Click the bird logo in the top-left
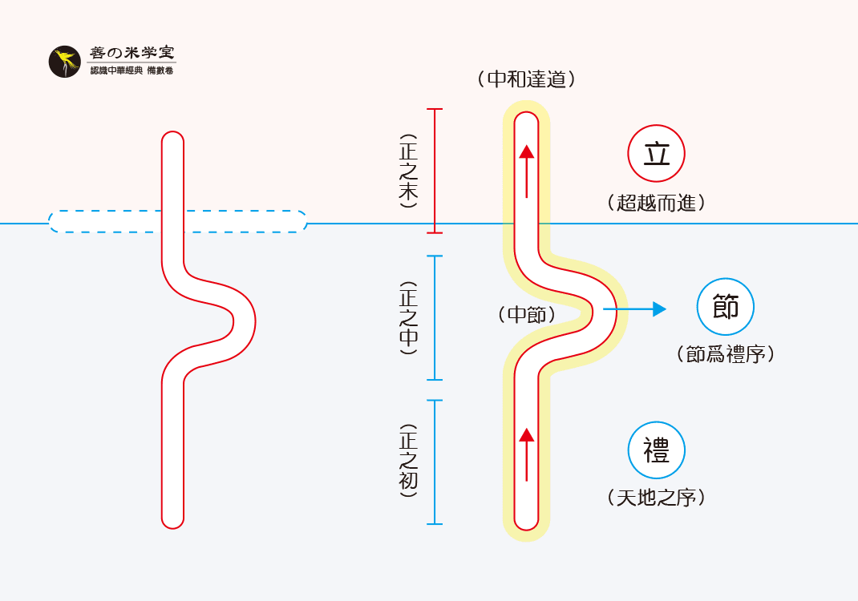(x=64, y=62)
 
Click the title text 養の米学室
(x=132, y=53)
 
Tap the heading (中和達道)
(x=526, y=79)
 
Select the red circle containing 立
(x=656, y=154)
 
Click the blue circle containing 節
(x=725, y=307)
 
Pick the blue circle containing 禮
(x=656, y=450)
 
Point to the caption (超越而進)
(x=656, y=203)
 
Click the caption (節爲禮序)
(x=725, y=354)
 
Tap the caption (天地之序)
(x=656, y=498)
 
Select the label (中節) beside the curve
(x=526, y=314)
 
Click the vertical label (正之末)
(x=408, y=171)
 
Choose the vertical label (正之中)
(x=408, y=317)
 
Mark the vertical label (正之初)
(x=408, y=462)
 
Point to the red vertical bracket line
(x=434, y=171)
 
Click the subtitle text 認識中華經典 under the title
(x=116, y=71)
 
